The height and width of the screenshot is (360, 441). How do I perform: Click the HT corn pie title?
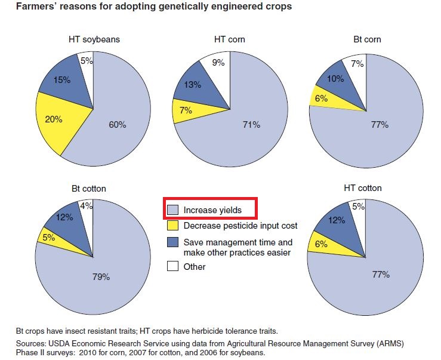coord(230,39)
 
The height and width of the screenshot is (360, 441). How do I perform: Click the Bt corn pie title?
coord(366,39)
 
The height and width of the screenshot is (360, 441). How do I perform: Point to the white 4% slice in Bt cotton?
coord(87,208)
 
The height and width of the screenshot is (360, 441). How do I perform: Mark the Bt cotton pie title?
coord(89,189)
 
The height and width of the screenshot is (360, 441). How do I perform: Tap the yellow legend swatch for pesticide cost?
coord(172,226)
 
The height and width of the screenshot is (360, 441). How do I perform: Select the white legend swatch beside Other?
coord(172,267)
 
